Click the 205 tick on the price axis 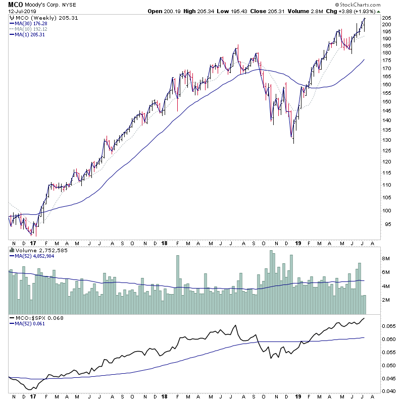[386, 18]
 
